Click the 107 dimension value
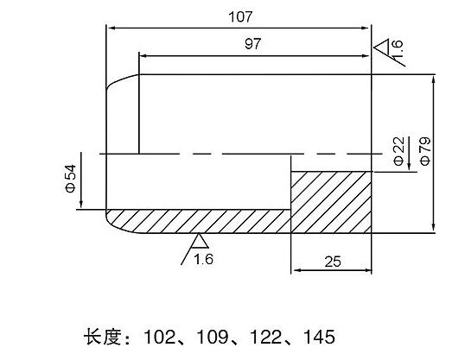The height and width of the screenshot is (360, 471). [240, 17]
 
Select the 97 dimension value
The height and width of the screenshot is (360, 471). [253, 44]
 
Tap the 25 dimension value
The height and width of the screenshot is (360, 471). [333, 262]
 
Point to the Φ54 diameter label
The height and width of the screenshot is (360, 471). [71, 179]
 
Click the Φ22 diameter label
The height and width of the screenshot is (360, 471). [399, 151]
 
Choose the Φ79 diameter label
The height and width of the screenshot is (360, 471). [425, 151]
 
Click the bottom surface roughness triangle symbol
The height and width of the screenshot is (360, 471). [200, 241]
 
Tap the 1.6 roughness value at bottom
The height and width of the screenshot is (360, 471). [203, 259]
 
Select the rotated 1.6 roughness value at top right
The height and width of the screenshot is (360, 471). [396, 47]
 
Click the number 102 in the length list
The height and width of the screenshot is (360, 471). [160, 337]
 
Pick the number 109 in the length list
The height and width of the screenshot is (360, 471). [213, 337]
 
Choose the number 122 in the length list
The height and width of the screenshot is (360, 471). [265, 337]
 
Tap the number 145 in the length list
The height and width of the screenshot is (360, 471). [319, 337]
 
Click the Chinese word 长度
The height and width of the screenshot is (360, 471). [103, 337]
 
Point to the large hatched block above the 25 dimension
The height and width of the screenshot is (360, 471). [331, 202]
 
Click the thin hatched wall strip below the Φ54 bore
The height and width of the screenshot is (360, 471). [198, 221]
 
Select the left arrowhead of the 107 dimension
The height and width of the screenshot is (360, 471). [111, 28]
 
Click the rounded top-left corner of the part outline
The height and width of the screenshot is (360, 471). [118, 79]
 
